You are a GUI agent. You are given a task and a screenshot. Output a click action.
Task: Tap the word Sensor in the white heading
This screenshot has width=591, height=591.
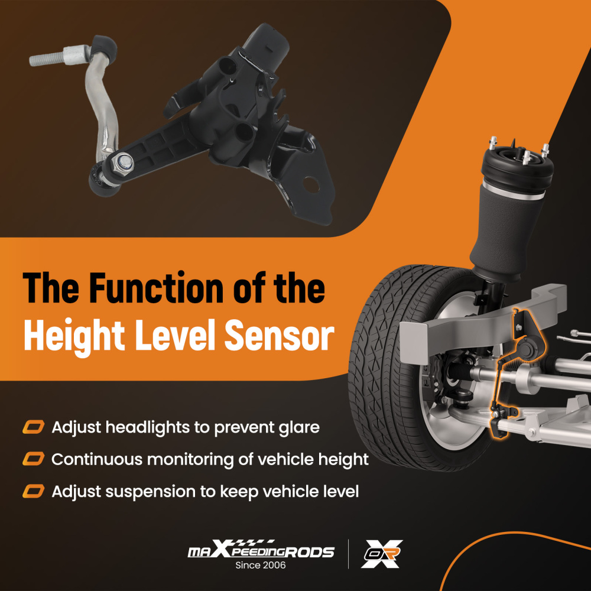(x=280, y=335)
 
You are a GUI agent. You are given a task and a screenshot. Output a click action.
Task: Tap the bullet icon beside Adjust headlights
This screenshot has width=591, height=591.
(x=33, y=427)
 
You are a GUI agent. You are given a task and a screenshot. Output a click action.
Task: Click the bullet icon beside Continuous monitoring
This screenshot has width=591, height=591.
(x=33, y=459)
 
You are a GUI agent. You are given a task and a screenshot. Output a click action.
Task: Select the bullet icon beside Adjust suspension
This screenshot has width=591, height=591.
(x=33, y=491)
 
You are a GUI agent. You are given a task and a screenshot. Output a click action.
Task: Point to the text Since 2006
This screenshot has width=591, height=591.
(x=261, y=565)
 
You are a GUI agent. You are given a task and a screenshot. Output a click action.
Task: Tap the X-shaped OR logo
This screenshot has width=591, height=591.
(x=381, y=554)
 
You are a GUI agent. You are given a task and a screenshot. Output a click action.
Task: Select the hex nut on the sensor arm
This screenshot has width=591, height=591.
(x=124, y=163)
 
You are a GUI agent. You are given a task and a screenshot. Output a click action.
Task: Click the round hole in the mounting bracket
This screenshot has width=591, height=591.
(x=311, y=184)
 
